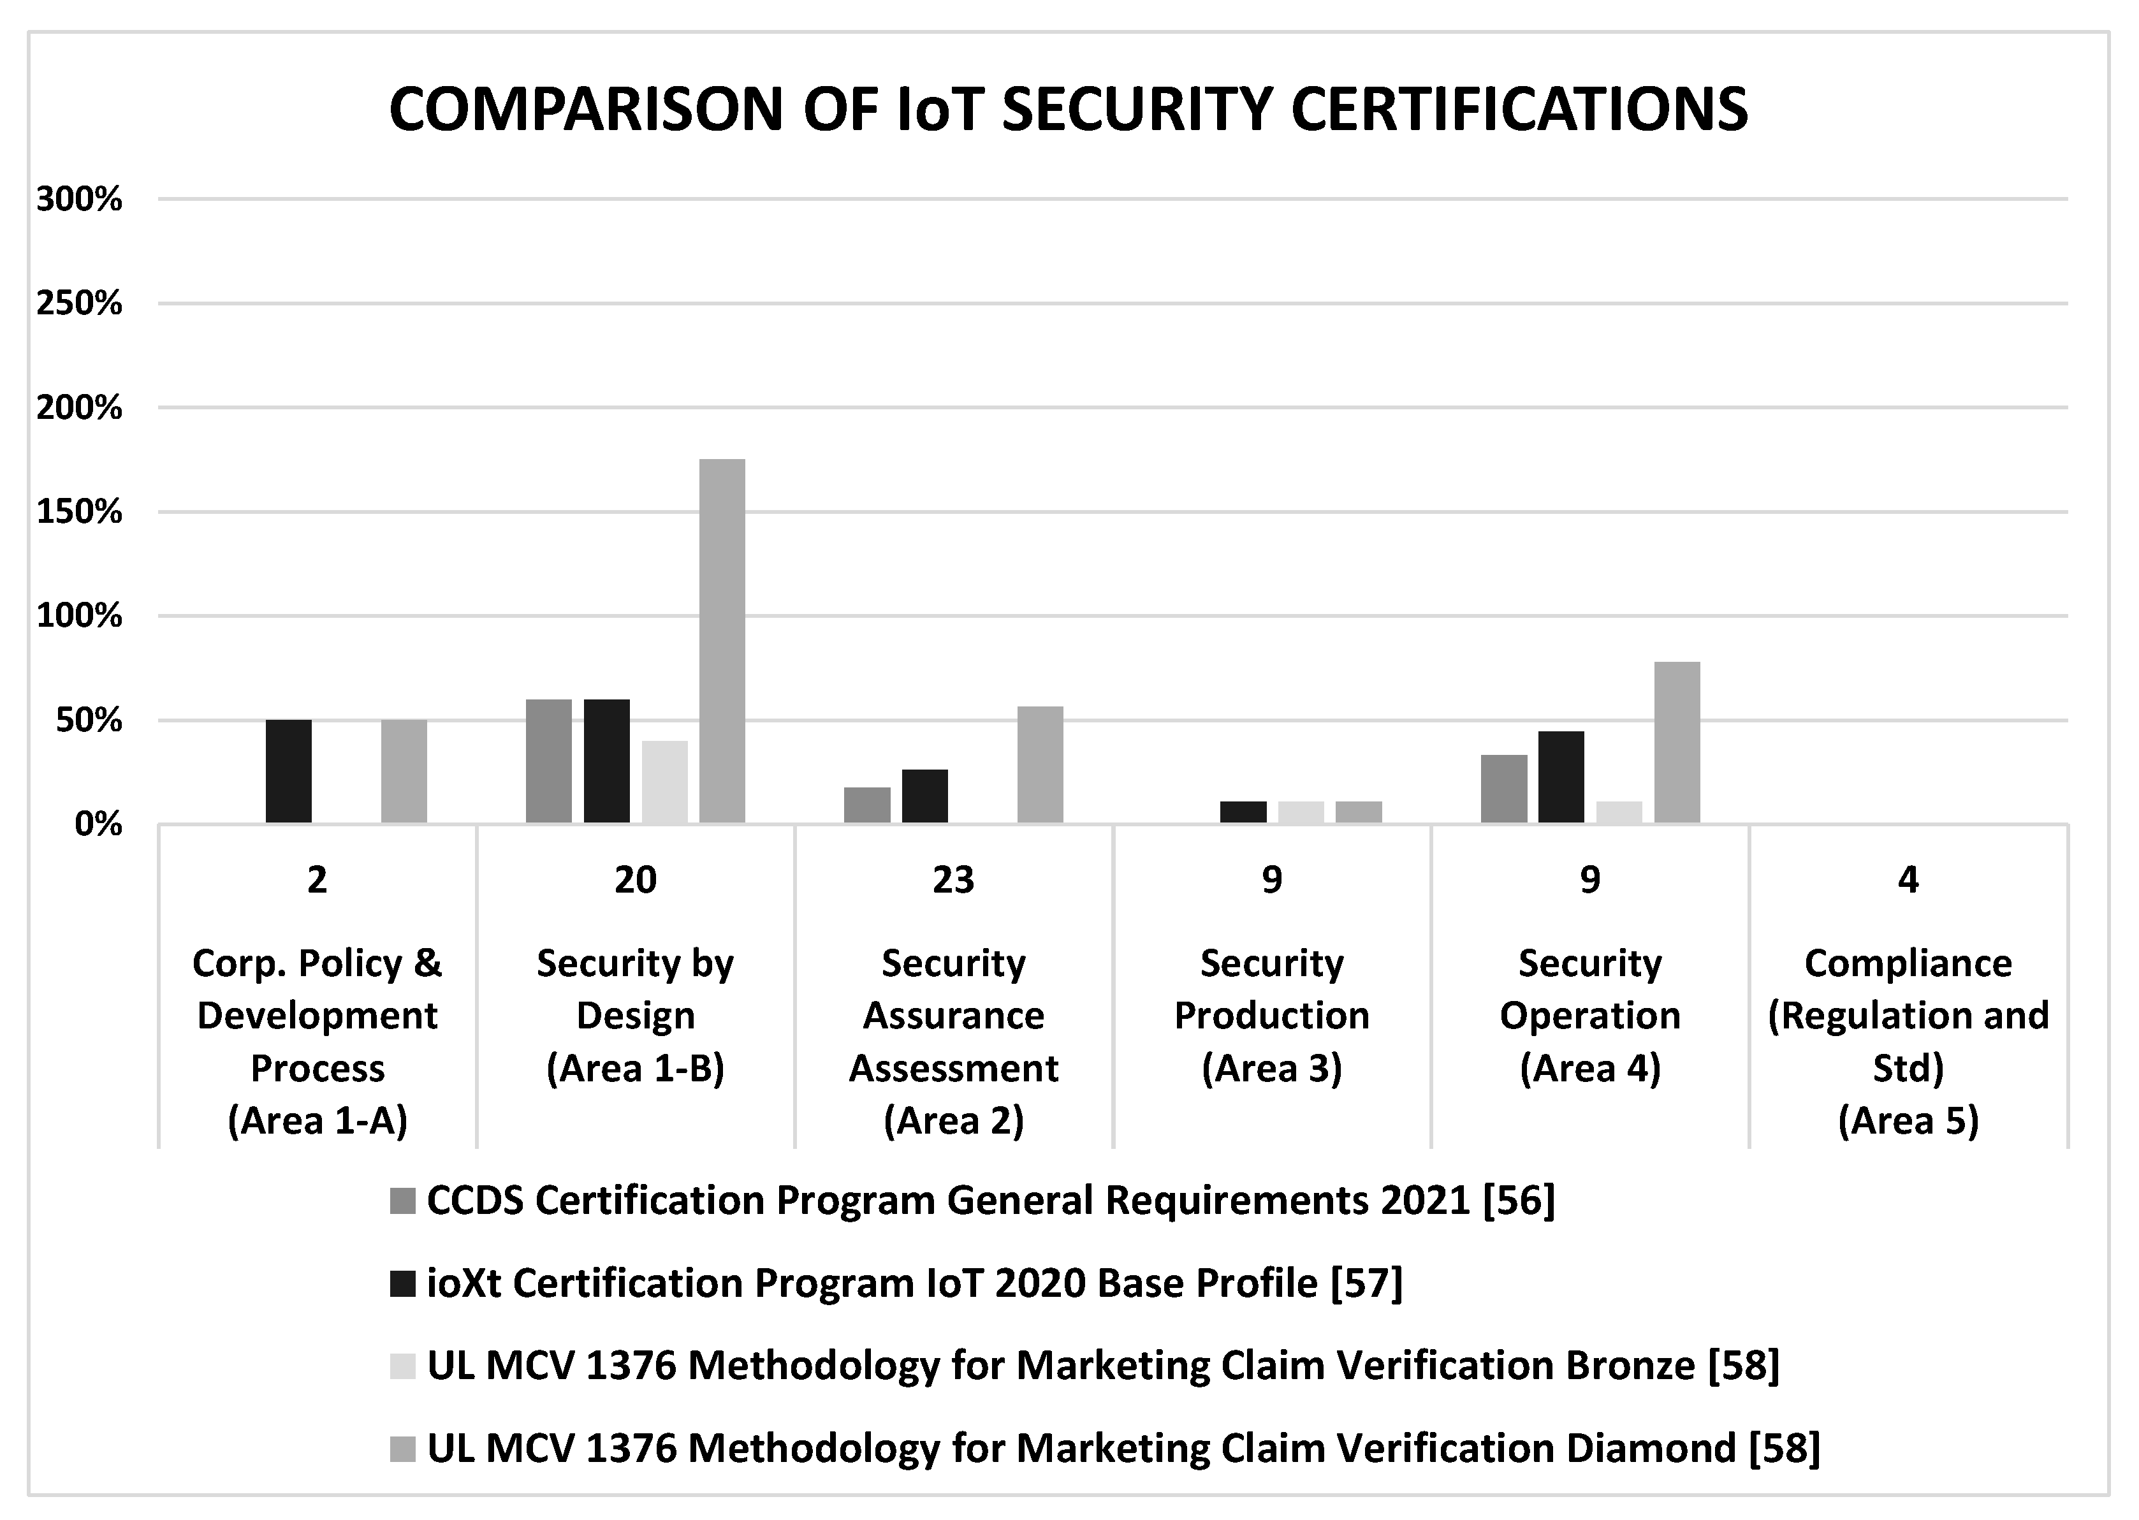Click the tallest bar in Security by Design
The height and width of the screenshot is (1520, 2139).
point(722,641)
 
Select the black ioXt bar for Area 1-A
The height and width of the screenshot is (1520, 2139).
point(288,771)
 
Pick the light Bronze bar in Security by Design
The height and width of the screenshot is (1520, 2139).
point(664,782)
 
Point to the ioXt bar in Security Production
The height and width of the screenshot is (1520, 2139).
point(1243,812)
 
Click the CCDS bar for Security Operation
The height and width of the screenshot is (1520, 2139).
point(1503,789)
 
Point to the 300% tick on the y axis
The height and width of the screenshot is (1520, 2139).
point(80,200)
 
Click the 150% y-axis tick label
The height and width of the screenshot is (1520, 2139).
point(80,512)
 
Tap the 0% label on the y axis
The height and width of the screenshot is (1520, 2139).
point(98,824)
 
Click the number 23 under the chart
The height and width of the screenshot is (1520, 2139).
point(954,880)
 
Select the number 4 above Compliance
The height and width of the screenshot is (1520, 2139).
point(1908,880)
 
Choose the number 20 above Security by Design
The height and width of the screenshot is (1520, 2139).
point(636,880)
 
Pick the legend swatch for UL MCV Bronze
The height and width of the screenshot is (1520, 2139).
point(402,1366)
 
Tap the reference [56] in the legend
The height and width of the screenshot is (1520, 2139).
point(1519,1201)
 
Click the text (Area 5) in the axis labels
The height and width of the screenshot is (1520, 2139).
point(1908,1120)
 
